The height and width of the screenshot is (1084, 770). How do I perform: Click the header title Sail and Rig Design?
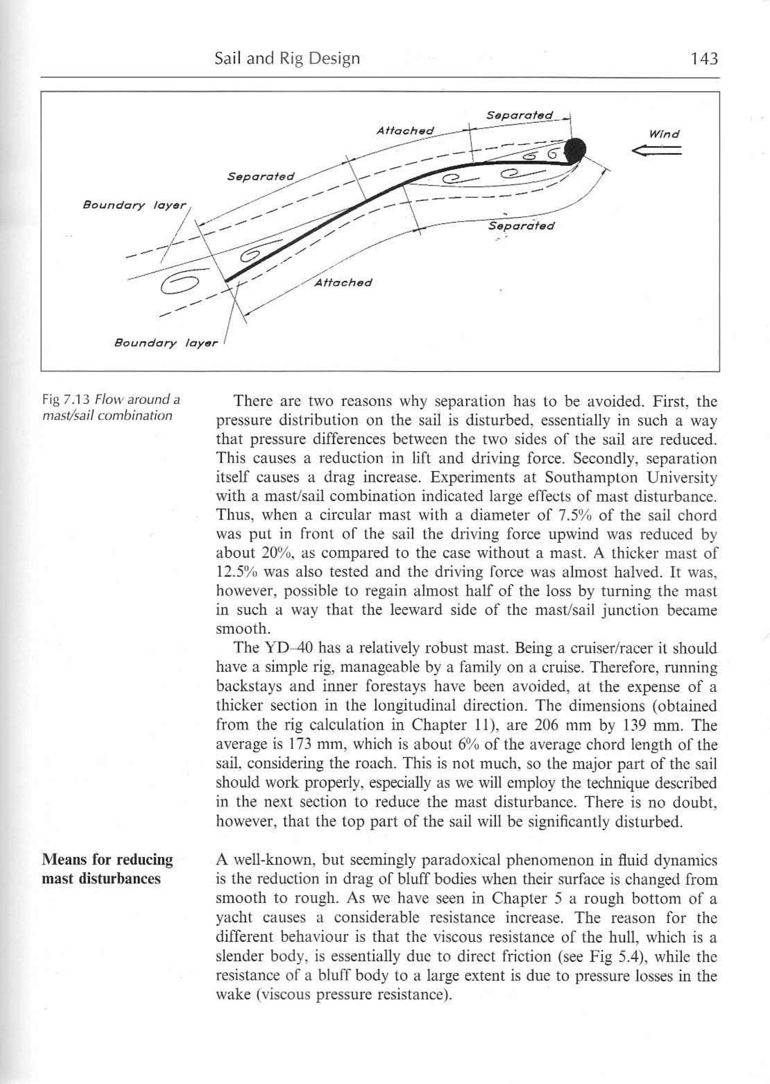click(x=287, y=58)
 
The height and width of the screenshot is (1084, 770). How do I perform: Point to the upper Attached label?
click(x=405, y=130)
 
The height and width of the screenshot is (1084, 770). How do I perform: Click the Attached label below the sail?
click(x=343, y=283)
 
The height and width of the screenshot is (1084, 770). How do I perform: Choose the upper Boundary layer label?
click(x=135, y=205)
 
